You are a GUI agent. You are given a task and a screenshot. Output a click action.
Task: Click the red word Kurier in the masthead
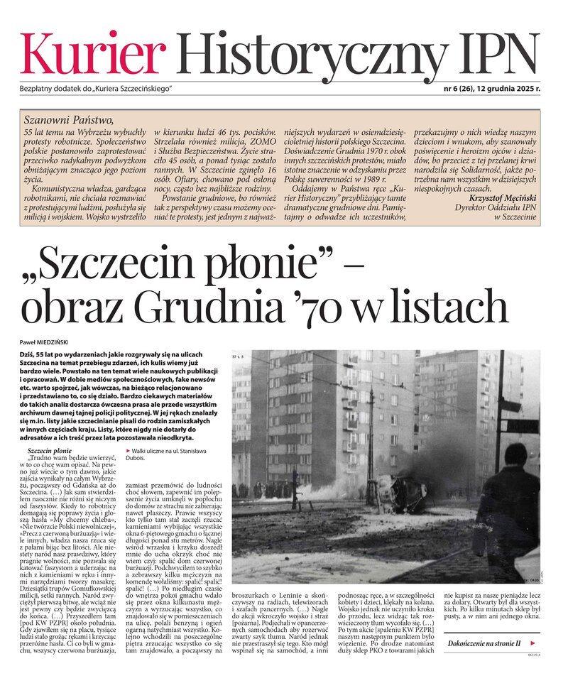pyautogui.click(x=93, y=54)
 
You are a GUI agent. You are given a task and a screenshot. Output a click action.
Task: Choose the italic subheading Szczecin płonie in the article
pyautogui.click(x=49, y=452)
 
